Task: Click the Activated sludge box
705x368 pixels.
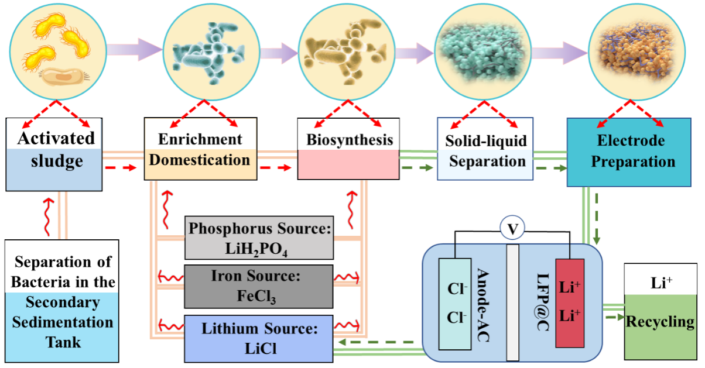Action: point(54,153)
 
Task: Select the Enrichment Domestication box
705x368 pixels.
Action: point(200,149)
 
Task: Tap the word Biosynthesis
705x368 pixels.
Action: point(349,140)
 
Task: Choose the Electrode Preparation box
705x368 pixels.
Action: point(629,152)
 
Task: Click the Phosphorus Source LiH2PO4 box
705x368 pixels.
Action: point(259,238)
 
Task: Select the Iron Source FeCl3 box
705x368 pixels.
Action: point(259,286)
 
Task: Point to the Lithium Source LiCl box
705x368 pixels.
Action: point(259,338)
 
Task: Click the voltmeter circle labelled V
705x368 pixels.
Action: point(512,230)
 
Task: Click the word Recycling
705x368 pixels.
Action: point(660,322)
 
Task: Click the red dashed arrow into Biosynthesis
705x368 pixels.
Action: point(276,168)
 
